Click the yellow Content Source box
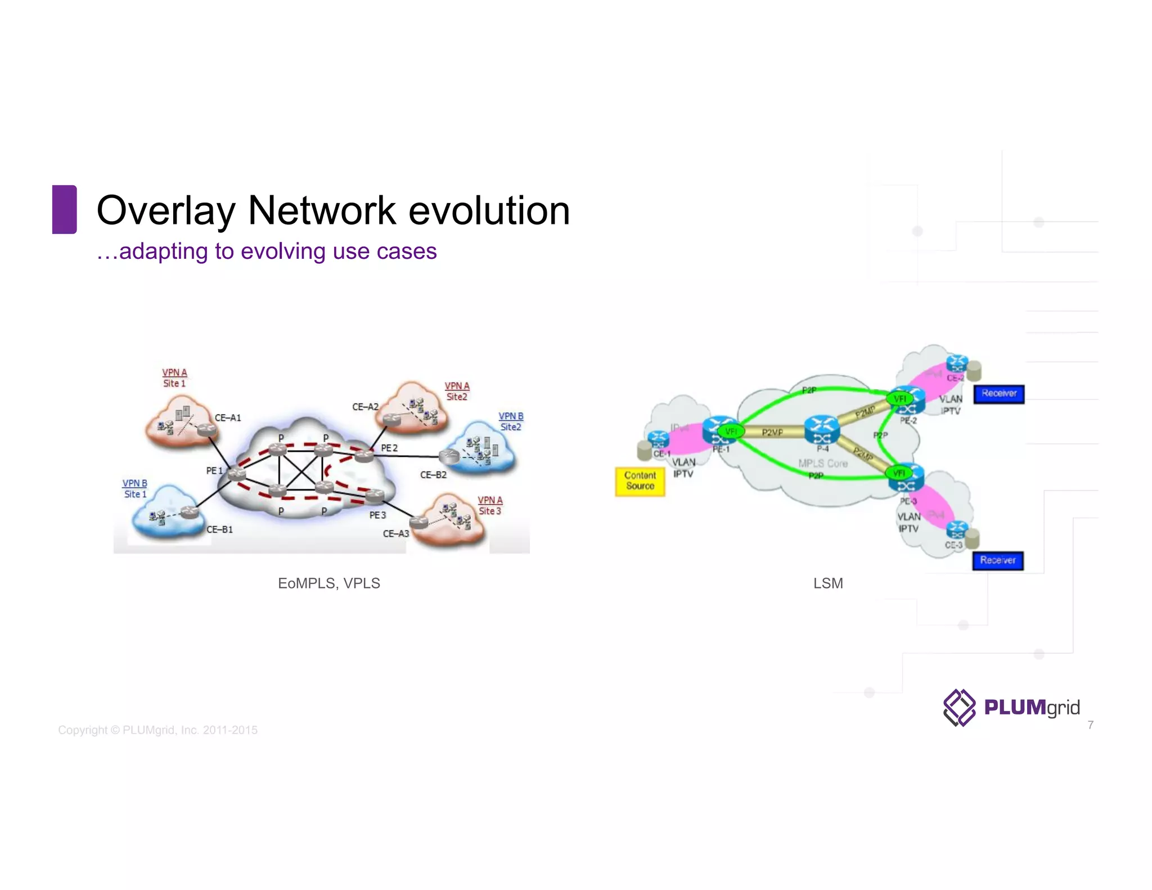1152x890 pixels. (640, 481)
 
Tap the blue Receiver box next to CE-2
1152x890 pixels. (998, 393)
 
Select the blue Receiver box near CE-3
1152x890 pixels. (997, 560)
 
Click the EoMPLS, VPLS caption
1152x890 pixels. (328, 583)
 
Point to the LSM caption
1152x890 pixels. (827, 583)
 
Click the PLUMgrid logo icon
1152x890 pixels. (959, 707)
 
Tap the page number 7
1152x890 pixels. (1090, 725)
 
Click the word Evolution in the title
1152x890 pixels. (489, 210)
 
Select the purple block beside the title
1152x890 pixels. (64, 209)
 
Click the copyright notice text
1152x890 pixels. (157, 730)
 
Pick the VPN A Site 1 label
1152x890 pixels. (174, 377)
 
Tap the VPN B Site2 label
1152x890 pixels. (511, 421)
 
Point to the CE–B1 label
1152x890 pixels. (219, 529)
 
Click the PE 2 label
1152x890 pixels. (389, 448)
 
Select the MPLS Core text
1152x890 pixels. (822, 463)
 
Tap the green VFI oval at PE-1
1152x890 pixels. (730, 431)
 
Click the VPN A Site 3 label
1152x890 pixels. (490, 505)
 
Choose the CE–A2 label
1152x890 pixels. (365, 406)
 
